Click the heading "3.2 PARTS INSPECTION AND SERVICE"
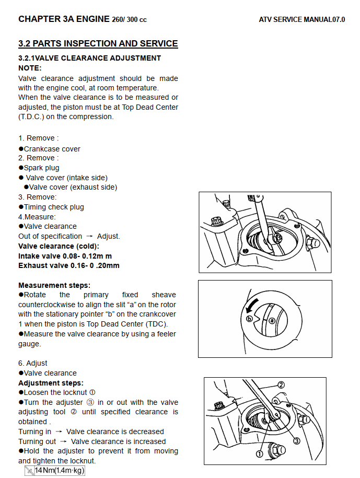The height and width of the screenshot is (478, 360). [x=98, y=44]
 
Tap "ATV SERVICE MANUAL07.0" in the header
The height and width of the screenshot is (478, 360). [x=302, y=20]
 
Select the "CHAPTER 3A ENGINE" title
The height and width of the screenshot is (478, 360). [x=64, y=19]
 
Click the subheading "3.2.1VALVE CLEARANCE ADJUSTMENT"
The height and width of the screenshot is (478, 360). [x=89, y=58]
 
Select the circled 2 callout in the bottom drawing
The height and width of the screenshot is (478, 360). [x=281, y=384]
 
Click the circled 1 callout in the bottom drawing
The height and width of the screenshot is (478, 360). [x=259, y=454]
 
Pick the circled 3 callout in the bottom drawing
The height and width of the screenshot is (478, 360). [x=297, y=440]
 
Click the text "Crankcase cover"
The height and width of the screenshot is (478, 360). [x=52, y=149]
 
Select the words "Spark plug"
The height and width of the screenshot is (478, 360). [x=41, y=168]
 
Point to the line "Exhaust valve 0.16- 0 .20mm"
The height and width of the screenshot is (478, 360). [x=68, y=265]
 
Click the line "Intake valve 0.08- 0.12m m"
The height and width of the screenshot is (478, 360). [x=65, y=256]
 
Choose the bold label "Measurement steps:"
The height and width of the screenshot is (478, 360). [x=54, y=285]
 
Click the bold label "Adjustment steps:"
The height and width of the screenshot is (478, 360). [x=51, y=383]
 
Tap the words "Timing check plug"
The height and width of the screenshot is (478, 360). [x=54, y=207]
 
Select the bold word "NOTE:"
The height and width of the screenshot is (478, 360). [x=30, y=68]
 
